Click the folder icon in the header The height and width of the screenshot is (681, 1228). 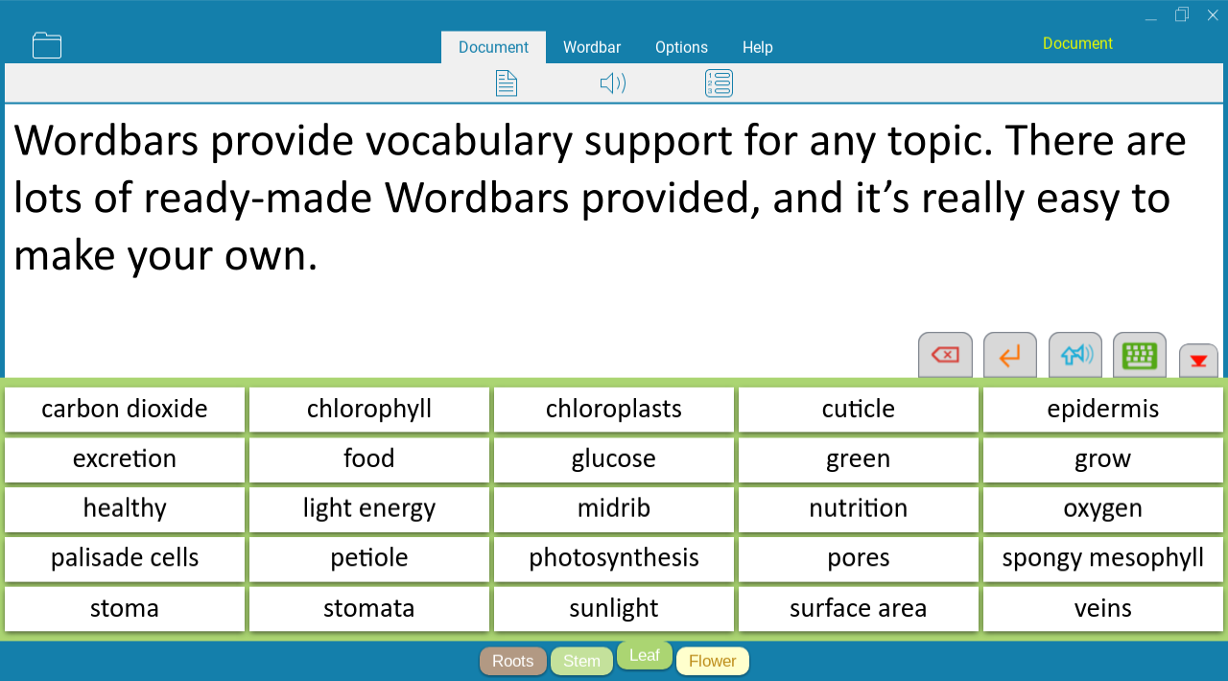[47, 45]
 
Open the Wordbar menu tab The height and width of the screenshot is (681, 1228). [592, 47]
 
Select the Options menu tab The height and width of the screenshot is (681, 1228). [681, 47]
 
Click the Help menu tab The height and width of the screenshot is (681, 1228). [758, 47]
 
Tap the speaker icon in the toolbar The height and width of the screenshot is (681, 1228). [613, 83]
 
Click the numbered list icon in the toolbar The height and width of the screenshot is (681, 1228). [719, 83]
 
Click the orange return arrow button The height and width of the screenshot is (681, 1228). [1010, 355]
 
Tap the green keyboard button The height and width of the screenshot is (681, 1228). [1139, 355]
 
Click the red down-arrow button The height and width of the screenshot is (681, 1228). [1198, 361]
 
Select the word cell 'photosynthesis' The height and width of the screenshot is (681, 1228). [613, 558]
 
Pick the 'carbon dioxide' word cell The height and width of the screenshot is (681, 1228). [125, 409]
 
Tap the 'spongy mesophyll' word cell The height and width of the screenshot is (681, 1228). [1102, 558]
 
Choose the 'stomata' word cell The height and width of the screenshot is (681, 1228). [369, 609]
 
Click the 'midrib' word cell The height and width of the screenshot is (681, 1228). [613, 508]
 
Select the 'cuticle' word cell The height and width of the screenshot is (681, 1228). [858, 409]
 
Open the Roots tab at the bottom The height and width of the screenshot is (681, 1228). [512, 661]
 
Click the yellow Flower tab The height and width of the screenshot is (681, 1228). [712, 661]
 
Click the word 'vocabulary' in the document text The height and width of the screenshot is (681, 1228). [469, 141]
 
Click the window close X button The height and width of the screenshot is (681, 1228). [1213, 15]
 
